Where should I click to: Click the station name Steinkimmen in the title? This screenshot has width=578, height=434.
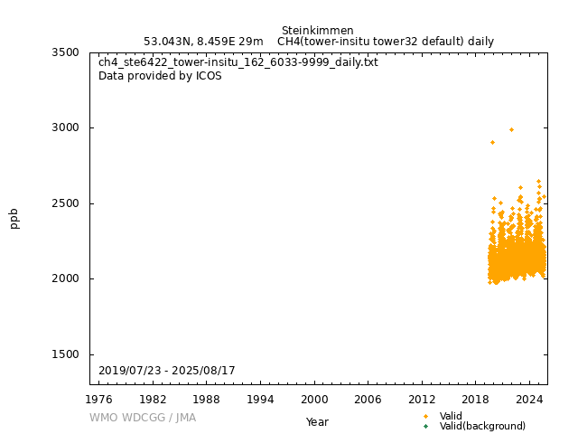(317, 31)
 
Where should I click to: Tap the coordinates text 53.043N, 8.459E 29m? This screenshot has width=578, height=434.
(203, 42)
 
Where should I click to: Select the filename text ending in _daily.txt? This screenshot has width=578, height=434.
(238, 62)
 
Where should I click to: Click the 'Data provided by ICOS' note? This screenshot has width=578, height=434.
(160, 76)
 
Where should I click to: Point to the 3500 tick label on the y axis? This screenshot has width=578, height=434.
(65, 52)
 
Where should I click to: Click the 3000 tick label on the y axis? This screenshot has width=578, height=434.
(65, 127)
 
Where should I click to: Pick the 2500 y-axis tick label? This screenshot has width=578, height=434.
(65, 203)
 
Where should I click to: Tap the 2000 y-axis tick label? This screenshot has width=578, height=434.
(65, 278)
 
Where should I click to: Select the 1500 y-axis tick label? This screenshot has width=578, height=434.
(65, 354)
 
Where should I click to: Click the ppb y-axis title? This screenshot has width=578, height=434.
(14, 218)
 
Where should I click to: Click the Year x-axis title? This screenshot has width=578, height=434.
(317, 421)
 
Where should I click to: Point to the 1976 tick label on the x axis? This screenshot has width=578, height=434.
(99, 399)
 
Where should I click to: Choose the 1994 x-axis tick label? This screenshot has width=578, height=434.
(261, 399)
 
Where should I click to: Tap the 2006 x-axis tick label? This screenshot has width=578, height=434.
(368, 399)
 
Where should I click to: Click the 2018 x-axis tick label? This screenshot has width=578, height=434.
(476, 399)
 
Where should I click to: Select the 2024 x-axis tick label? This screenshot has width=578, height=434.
(529, 399)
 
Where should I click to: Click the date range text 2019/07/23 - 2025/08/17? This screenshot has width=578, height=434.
(167, 371)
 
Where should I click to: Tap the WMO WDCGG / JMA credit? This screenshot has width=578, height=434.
(143, 418)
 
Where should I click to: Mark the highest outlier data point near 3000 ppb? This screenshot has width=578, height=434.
(511, 129)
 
